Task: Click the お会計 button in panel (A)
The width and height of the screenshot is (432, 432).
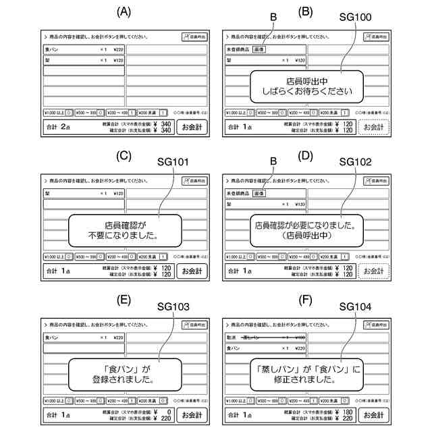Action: (x=192, y=127)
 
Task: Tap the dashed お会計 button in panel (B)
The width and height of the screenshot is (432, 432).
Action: (x=373, y=127)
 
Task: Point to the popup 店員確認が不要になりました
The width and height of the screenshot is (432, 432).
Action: (x=125, y=230)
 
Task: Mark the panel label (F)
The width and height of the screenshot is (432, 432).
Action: (x=305, y=299)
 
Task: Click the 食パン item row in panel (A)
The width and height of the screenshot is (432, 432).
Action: (x=84, y=49)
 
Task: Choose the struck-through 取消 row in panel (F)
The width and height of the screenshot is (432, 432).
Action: (x=265, y=337)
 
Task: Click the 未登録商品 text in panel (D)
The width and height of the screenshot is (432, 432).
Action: (x=239, y=193)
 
